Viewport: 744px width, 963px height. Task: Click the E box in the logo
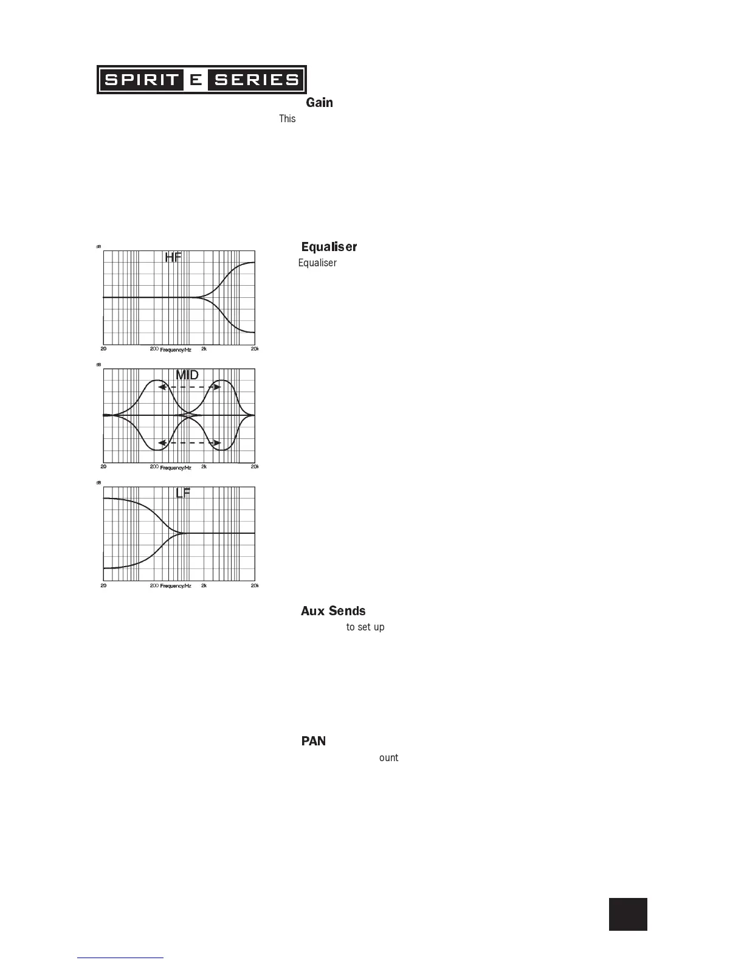(x=195, y=80)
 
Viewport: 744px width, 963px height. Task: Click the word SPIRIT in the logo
(x=141, y=80)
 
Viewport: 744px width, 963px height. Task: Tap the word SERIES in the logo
(x=257, y=80)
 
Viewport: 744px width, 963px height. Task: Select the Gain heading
(x=319, y=103)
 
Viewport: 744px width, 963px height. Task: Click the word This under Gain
(x=287, y=119)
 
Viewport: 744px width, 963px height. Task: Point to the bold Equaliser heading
(x=329, y=247)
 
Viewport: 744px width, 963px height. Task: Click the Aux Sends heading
(x=333, y=611)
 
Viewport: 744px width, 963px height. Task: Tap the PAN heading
(x=314, y=741)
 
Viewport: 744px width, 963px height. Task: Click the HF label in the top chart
(x=173, y=258)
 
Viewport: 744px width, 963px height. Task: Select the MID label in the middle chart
(x=187, y=375)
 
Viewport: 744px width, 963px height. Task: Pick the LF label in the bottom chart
(x=183, y=493)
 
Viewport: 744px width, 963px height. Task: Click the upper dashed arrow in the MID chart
(x=189, y=387)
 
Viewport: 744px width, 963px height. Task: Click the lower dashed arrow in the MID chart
(x=189, y=443)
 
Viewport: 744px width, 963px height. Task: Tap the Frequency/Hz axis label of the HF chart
(x=176, y=350)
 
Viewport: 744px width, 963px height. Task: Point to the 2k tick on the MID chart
(x=204, y=467)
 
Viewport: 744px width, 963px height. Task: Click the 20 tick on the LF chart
(x=103, y=585)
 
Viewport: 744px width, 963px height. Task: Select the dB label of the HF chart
(x=98, y=247)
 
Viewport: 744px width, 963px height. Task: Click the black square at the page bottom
(x=628, y=914)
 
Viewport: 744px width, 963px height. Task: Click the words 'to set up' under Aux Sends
(x=365, y=627)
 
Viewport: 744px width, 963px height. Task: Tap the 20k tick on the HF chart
(x=255, y=349)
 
